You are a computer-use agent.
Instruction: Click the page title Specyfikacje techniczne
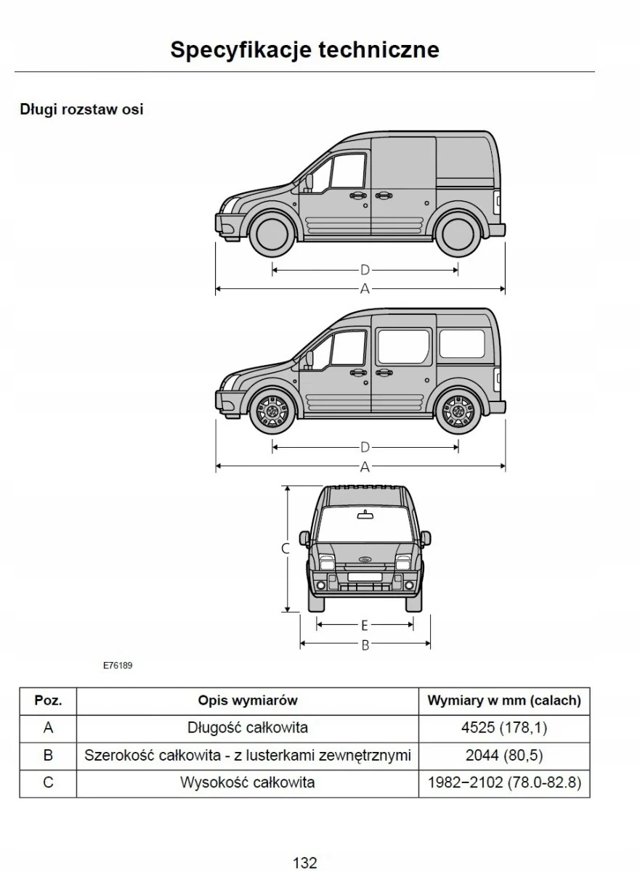(x=305, y=49)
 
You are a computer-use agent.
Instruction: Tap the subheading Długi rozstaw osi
(x=81, y=110)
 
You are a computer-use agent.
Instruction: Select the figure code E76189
(x=117, y=664)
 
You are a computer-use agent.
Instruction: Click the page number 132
(x=305, y=863)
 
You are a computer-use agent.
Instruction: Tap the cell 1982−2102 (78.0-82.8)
(x=504, y=783)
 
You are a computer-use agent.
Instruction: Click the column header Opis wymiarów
(x=248, y=700)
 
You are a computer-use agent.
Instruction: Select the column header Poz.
(x=48, y=700)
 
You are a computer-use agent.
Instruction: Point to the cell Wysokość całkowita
(x=248, y=783)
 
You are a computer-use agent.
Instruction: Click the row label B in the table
(x=48, y=756)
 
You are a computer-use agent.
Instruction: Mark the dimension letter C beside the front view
(x=285, y=549)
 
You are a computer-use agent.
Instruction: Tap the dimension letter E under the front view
(x=365, y=625)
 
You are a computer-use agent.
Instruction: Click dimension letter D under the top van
(x=365, y=270)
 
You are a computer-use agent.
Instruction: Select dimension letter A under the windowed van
(x=365, y=467)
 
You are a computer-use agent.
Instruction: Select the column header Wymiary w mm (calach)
(x=504, y=700)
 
